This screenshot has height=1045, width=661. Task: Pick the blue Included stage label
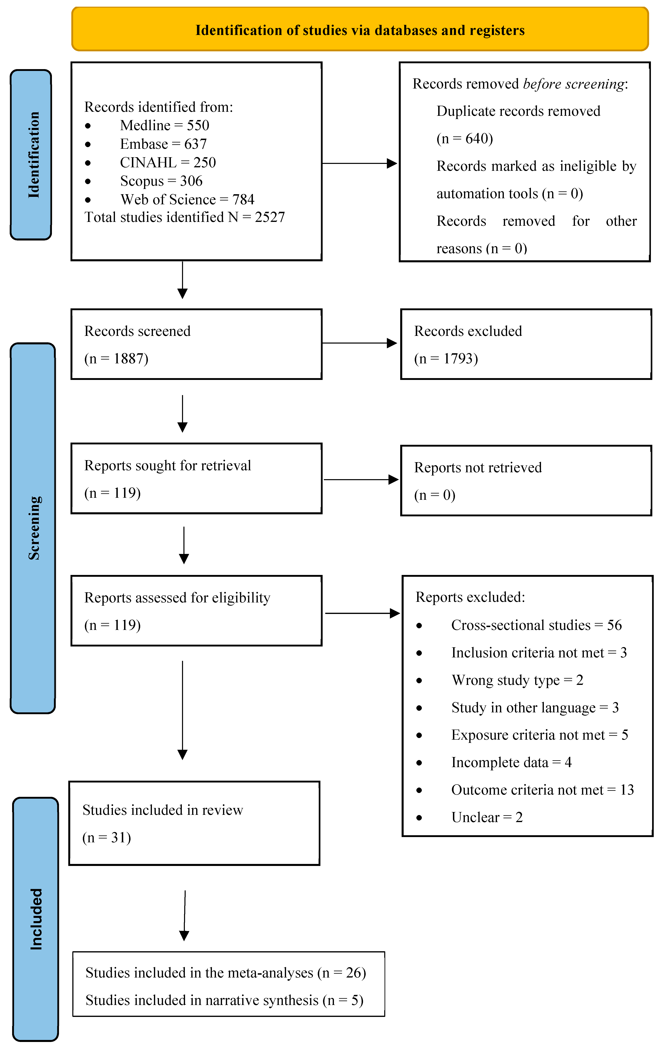(x=36, y=919)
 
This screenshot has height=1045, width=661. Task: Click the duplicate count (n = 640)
(x=464, y=138)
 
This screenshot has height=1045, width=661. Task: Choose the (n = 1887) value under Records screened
(x=116, y=359)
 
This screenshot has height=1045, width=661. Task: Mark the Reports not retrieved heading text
(x=478, y=467)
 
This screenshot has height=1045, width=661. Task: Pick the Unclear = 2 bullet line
(x=487, y=817)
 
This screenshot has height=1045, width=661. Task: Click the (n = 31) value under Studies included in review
(x=107, y=837)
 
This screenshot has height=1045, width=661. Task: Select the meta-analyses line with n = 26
(x=225, y=972)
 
